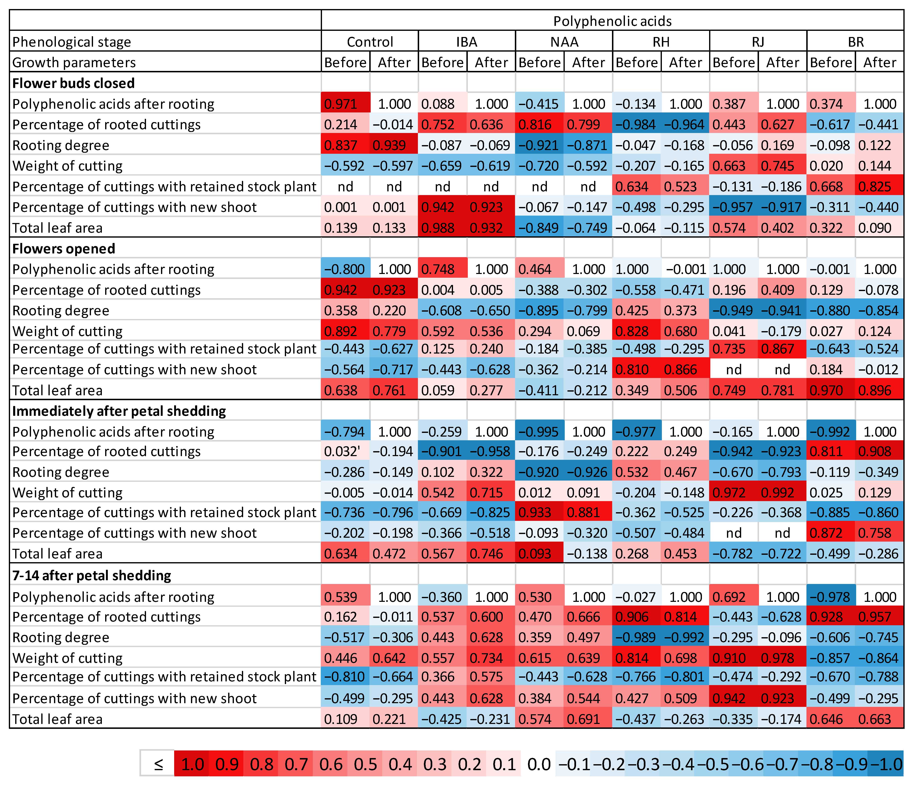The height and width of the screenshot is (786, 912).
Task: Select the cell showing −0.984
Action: [x=636, y=125]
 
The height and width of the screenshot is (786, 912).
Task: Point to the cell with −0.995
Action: [x=539, y=432]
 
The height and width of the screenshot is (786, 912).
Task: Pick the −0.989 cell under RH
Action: [x=636, y=638]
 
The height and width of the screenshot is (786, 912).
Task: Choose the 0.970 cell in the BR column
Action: [x=830, y=390]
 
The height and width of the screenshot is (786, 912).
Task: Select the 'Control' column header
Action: [x=370, y=42]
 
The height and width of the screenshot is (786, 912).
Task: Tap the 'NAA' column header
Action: [x=564, y=42]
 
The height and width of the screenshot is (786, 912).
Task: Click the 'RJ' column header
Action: [x=758, y=42]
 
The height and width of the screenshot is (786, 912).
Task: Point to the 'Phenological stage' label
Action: [x=72, y=42]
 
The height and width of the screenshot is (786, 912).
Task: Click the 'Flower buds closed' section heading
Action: [x=74, y=83]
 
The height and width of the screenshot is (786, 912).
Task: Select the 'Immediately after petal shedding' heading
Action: [x=119, y=411]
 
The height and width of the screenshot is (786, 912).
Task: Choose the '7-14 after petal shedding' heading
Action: [x=92, y=575]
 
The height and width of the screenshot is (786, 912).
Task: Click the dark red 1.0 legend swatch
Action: [x=192, y=764]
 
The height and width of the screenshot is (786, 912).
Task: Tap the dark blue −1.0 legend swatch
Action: [x=885, y=764]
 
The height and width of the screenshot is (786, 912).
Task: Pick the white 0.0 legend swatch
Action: [x=539, y=764]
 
